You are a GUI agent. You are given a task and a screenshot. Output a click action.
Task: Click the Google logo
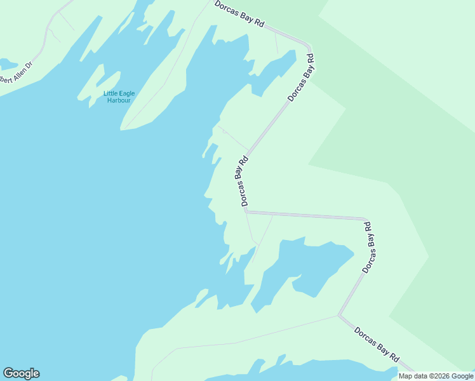point(21,373)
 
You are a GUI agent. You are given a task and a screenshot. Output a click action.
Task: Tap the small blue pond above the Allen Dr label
point(8,64)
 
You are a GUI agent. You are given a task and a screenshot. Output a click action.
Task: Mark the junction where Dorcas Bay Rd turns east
point(246,211)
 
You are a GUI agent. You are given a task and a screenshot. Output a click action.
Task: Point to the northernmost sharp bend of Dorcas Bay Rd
point(309,48)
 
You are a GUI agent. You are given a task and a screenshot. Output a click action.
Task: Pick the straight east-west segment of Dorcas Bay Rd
point(305,215)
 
